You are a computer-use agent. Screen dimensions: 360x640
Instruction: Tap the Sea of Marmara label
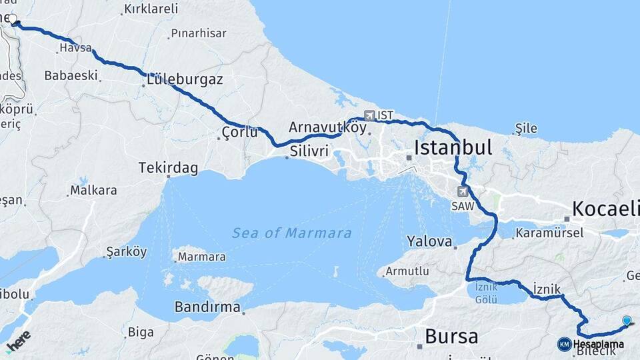tap(292, 233)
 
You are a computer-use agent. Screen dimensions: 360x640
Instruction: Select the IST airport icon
tap(369, 115)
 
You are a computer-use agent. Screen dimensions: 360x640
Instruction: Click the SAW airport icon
tap(462, 191)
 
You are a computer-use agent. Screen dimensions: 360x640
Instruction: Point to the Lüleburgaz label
tap(185, 79)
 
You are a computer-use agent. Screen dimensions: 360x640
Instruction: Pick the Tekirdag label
tap(168, 168)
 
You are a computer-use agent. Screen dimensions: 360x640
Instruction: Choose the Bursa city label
tap(451, 336)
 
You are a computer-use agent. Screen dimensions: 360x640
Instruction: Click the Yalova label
tap(429, 241)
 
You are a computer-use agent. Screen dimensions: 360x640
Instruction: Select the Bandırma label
tap(207, 307)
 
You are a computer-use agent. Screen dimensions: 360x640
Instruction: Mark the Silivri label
tap(309, 152)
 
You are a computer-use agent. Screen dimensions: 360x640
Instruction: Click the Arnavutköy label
tap(327, 127)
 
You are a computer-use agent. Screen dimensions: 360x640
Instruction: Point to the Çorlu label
tap(240, 133)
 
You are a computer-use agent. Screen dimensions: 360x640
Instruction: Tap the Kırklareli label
tap(151, 9)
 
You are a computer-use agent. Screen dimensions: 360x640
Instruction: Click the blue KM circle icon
tap(565, 344)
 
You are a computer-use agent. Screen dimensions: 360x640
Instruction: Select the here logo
tap(18, 340)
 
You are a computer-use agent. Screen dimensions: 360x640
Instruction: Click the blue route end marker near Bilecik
tap(627, 321)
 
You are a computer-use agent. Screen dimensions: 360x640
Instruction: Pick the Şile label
tap(526, 129)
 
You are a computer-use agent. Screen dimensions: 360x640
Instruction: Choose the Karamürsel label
tap(550, 233)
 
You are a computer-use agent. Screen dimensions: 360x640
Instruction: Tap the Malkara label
tap(93, 190)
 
